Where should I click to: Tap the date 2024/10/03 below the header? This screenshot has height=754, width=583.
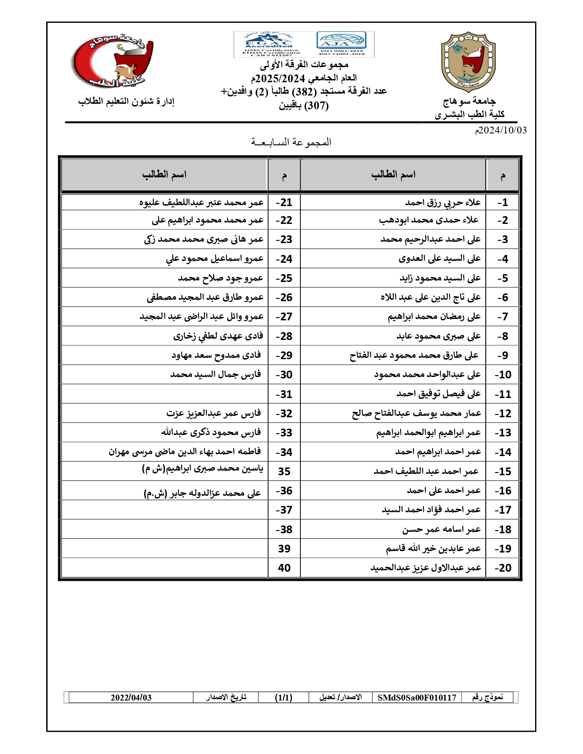tap(501, 130)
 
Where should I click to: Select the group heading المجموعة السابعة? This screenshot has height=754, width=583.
tap(291, 142)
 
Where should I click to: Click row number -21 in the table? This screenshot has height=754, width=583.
tap(284, 202)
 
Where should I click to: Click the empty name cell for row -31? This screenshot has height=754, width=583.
tap(165, 394)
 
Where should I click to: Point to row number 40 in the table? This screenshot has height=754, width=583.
tap(284, 568)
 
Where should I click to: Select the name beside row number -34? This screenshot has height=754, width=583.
tap(185, 452)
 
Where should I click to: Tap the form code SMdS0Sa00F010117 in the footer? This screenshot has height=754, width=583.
tap(417, 697)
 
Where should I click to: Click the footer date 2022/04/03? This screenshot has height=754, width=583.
tap(131, 697)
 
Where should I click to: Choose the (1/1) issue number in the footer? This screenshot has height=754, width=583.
tap(283, 697)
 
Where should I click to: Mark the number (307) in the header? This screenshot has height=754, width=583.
tap(316, 106)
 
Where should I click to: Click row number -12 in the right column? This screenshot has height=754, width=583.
tap(503, 414)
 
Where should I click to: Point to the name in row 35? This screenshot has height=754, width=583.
tap(203, 469)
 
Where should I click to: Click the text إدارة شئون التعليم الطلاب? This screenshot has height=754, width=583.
tap(126, 101)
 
